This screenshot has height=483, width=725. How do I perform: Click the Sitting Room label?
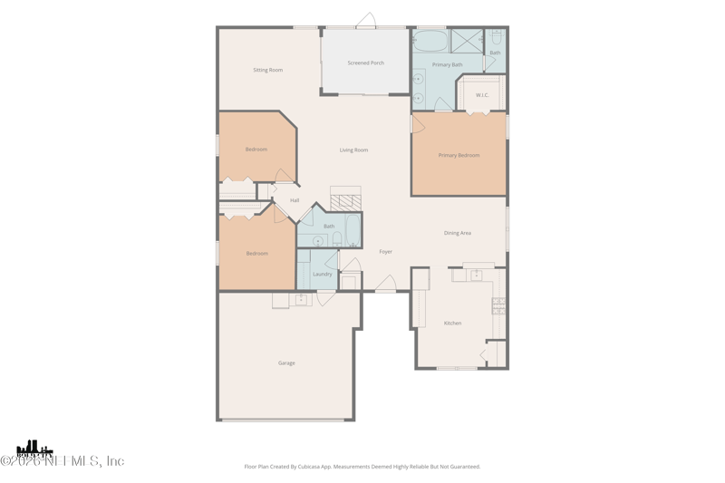click(267, 70)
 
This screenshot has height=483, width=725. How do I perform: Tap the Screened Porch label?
click(365, 63)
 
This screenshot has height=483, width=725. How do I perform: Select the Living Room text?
click(353, 150)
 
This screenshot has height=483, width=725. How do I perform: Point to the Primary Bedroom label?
click(459, 156)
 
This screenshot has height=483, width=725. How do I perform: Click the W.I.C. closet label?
click(482, 95)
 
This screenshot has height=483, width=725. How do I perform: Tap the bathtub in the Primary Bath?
click(430, 42)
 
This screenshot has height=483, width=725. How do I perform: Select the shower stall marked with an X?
click(468, 41)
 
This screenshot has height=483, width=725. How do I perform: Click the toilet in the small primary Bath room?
click(497, 38)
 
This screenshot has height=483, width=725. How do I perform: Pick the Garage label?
click(286, 363)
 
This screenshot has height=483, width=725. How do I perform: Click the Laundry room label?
click(323, 274)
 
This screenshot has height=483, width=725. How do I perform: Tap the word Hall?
click(295, 200)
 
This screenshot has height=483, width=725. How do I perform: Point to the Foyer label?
click(386, 252)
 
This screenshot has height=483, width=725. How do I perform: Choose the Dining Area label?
click(458, 234)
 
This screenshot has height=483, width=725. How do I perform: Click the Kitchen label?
click(452, 324)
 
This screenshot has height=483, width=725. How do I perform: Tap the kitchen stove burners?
click(498, 306)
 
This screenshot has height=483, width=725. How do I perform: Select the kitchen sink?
click(476, 275)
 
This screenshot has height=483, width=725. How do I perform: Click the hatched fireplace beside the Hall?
click(345, 199)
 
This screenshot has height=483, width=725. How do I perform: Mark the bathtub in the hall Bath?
click(353, 230)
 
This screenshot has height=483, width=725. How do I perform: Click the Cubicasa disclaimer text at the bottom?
click(362, 467)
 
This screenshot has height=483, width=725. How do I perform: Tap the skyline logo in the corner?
click(34, 448)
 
